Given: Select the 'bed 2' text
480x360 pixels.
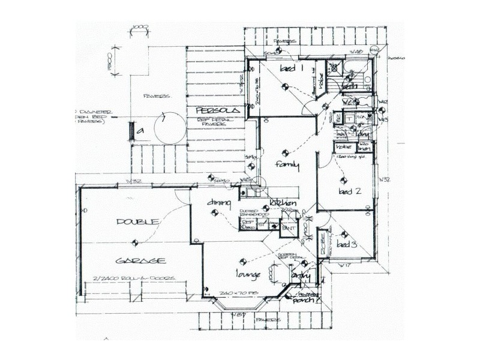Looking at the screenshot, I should pyautogui.click(x=349, y=192).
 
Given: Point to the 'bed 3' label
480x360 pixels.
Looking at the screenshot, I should pyautogui.click(x=346, y=244).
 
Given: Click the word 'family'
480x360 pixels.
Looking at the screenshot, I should pyautogui.click(x=287, y=165).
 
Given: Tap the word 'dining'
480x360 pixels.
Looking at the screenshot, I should pyautogui.click(x=219, y=203).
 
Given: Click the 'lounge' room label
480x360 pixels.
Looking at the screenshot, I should pyautogui.click(x=248, y=274).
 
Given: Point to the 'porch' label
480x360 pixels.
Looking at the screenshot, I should pyautogui.click(x=304, y=301).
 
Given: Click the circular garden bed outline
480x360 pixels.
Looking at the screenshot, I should pyautogui.click(x=167, y=127).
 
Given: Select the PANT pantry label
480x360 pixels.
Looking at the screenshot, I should pyautogui.click(x=289, y=229).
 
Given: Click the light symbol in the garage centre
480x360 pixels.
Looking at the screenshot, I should pyautogui.click(x=134, y=243).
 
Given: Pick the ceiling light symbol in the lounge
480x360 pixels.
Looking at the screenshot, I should pyautogui.click(x=242, y=262).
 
